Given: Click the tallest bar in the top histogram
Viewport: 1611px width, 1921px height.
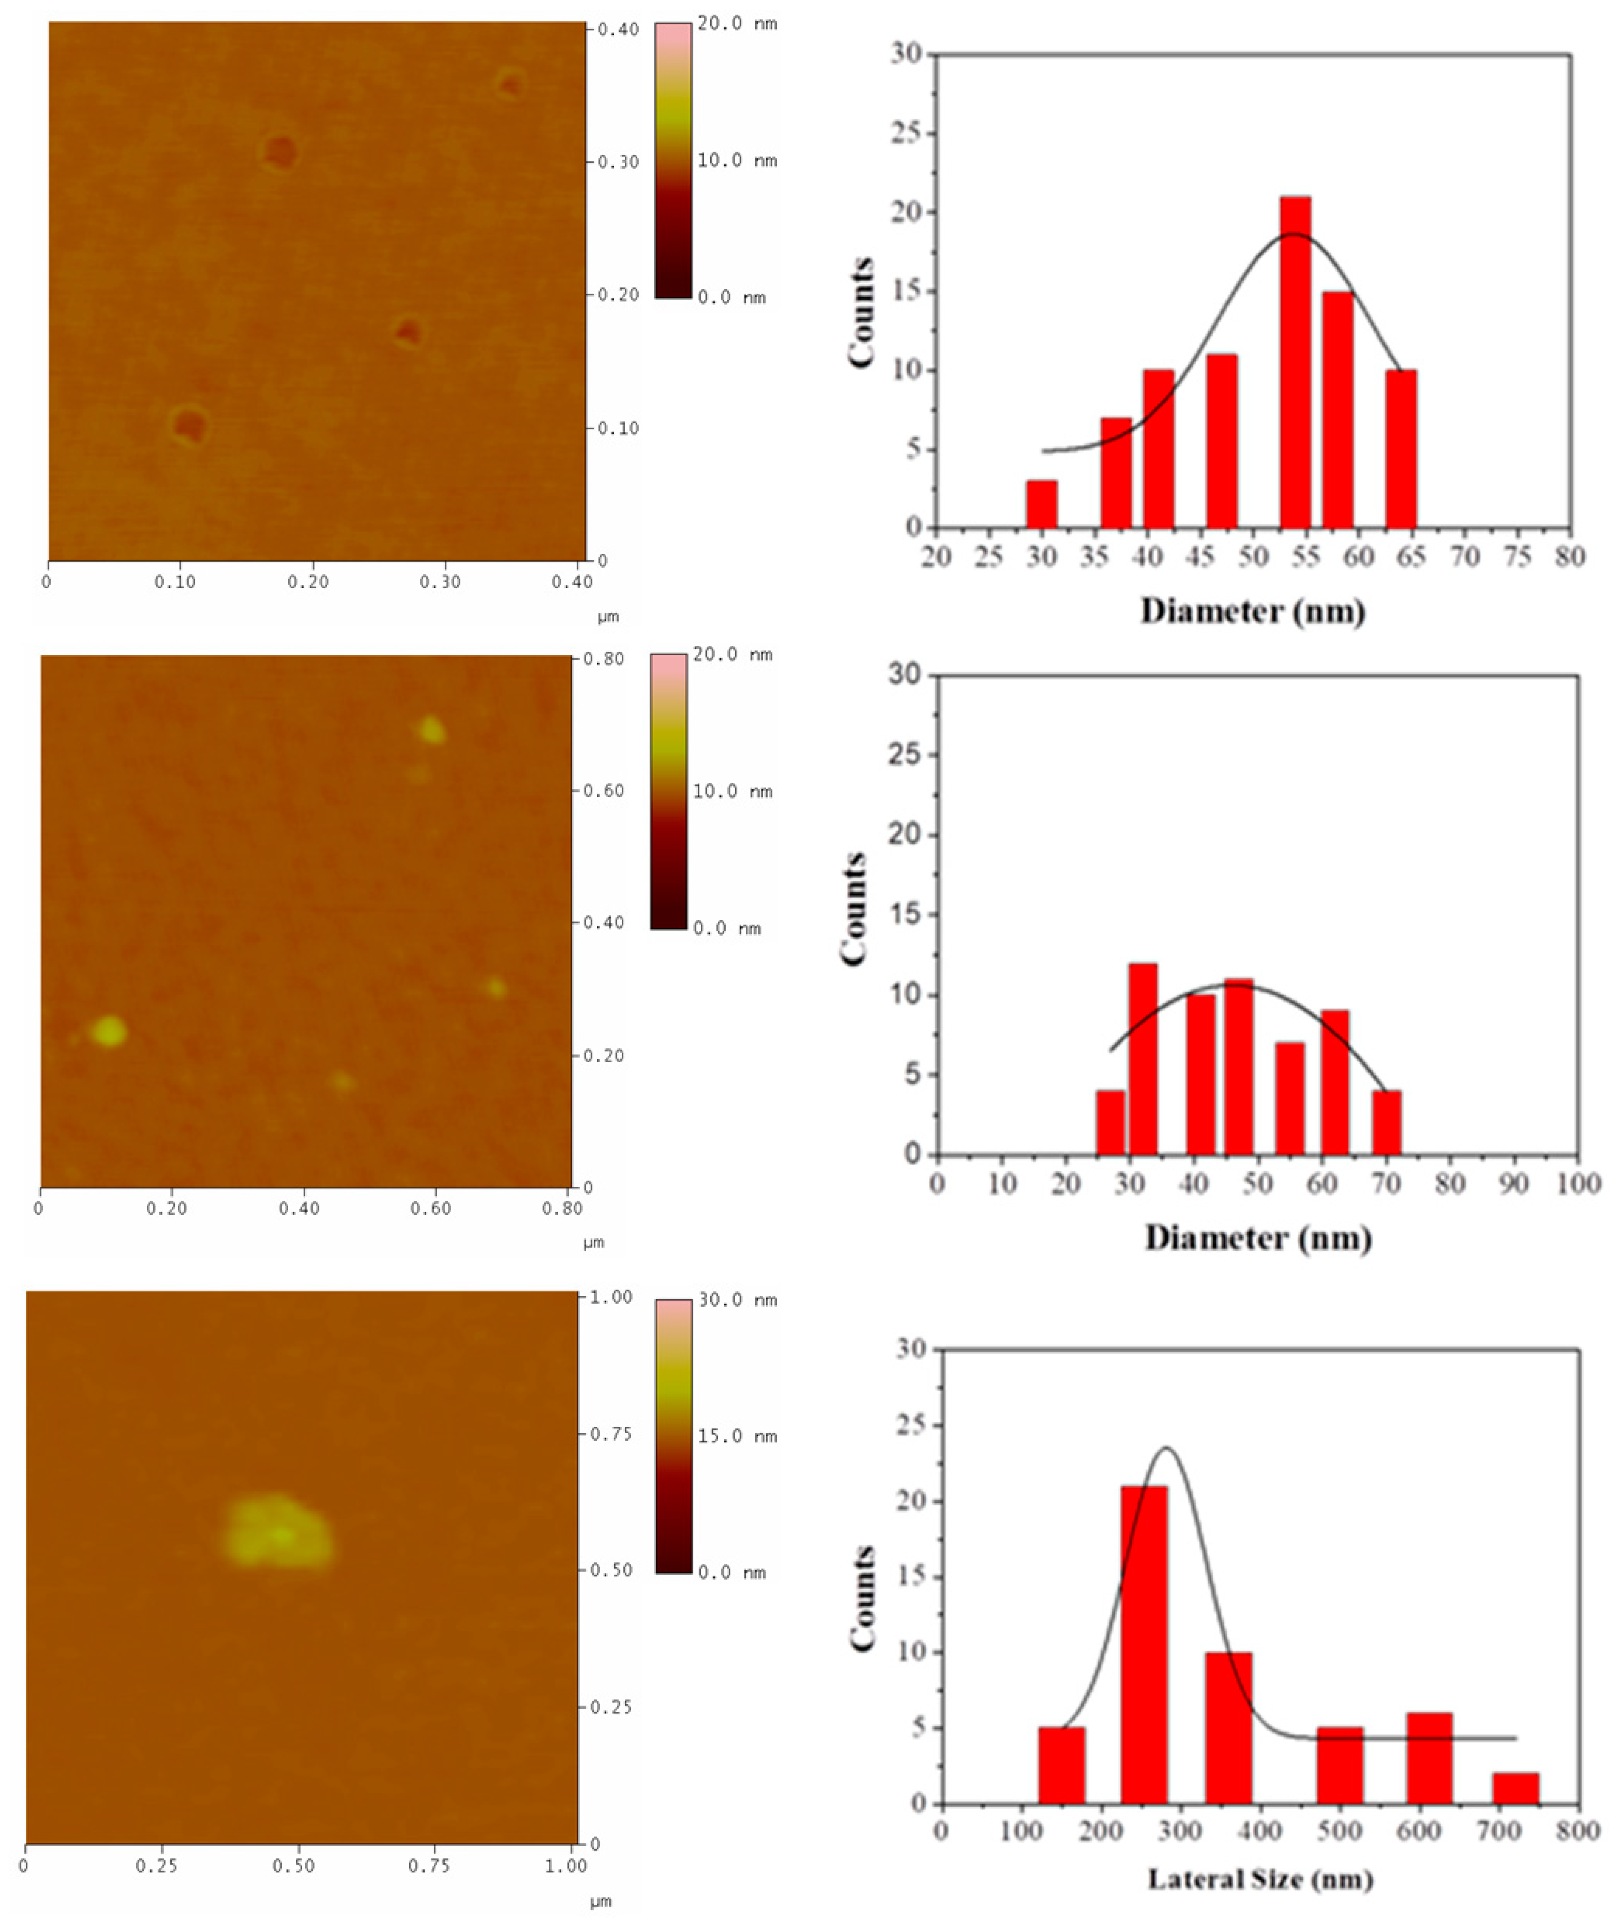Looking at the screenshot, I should point(1295,362).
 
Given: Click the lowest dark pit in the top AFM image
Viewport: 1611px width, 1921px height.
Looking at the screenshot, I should point(189,426).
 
